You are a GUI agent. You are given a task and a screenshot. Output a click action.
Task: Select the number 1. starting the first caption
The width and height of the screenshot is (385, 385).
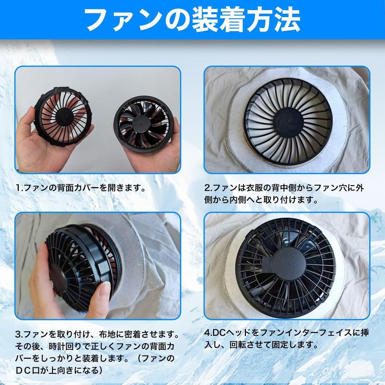pos(19,187)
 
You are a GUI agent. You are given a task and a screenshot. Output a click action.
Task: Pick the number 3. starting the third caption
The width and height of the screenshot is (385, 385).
pos(19,333)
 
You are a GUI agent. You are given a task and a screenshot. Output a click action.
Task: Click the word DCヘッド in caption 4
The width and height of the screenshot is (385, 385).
pos(230,332)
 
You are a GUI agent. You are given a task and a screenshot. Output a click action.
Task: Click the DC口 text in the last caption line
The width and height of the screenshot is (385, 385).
pos(30,370)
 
